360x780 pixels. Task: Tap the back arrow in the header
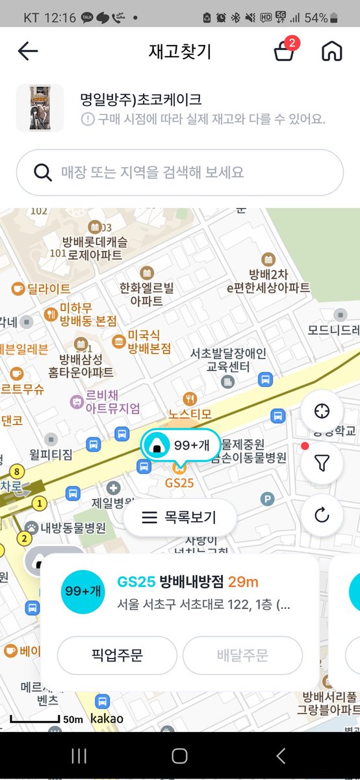tap(28, 51)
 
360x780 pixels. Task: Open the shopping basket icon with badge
tap(284, 51)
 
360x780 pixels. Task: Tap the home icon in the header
tap(331, 51)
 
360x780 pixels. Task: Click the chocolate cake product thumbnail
tap(40, 108)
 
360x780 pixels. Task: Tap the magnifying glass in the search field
tap(43, 172)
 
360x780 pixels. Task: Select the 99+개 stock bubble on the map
tap(180, 446)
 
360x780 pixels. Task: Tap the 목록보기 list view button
tap(179, 517)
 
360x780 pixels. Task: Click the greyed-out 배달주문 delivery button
tap(242, 655)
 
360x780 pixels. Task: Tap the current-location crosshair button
tap(322, 411)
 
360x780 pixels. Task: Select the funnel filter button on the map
tap(322, 463)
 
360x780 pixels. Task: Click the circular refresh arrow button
tap(322, 515)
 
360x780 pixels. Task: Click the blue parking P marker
tap(267, 499)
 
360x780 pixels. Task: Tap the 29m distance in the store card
tap(243, 581)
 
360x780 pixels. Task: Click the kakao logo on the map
tap(107, 719)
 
